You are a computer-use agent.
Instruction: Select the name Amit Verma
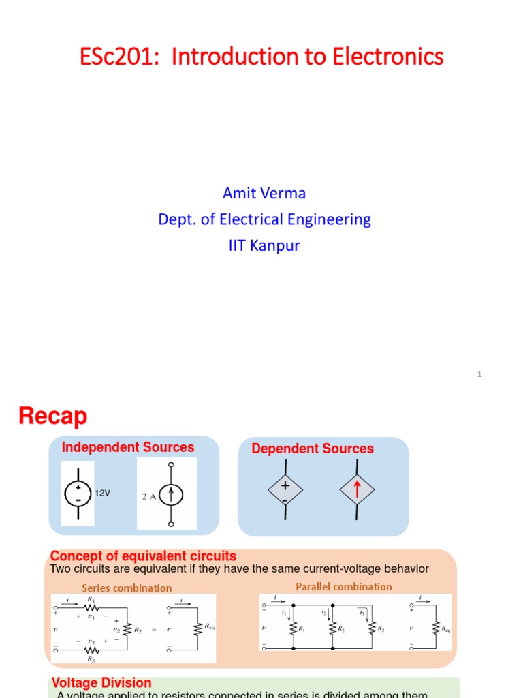pos(264,194)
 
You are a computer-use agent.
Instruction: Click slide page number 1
pos(479,374)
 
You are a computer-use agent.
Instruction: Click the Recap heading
pos(52,415)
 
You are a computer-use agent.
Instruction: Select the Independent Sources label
pos(128,447)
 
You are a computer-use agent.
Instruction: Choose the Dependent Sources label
pos(313,449)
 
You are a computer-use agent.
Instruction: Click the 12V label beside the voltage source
pos(103,493)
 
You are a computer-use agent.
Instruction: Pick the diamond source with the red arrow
pos(356,489)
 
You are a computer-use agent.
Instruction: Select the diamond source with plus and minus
pos(285,489)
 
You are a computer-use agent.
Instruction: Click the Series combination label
pos(127,588)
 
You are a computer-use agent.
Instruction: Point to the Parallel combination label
pos(344,586)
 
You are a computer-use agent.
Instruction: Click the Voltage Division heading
pos(101,682)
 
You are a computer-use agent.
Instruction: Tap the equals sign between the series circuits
pos(154,629)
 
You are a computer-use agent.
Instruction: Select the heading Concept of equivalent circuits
pos(144,556)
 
